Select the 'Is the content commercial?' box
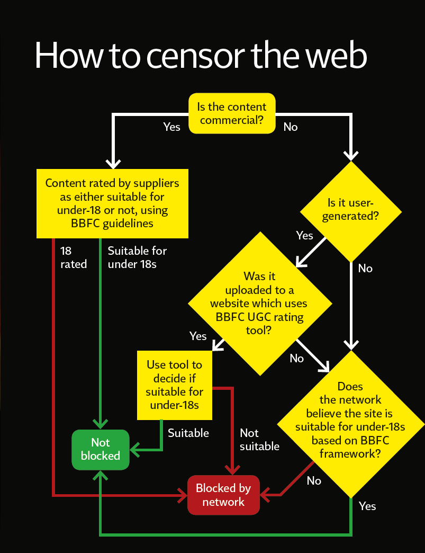tap(232, 113)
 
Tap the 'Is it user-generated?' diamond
tap(351, 209)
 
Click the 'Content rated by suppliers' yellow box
tap(112, 203)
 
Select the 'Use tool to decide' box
tap(175, 385)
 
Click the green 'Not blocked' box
tap(101, 449)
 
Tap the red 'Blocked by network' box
tap(223, 495)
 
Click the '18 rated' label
tap(73, 257)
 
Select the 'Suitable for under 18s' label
tap(137, 257)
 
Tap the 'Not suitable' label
tap(259, 440)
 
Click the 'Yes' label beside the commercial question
tap(171, 127)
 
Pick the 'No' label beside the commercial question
tap(291, 127)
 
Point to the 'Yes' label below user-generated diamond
tap(304, 235)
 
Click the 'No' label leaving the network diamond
tap(314, 480)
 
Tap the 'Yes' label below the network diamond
tap(367, 506)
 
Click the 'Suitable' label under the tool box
tap(188, 433)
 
